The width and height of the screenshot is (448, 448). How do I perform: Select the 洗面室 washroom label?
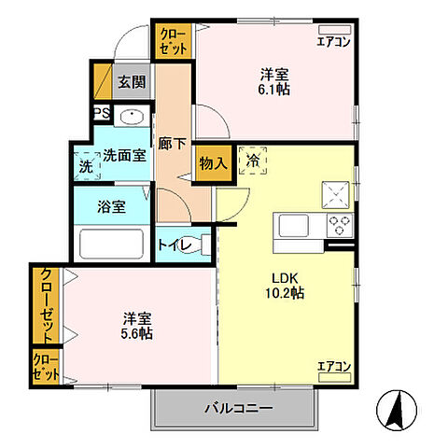point(124,157)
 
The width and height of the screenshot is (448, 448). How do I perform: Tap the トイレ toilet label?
point(175,245)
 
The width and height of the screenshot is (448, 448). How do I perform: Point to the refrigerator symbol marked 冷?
point(253,161)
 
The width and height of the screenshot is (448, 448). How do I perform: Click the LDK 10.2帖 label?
point(287,284)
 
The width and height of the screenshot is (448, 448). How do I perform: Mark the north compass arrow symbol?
point(395,408)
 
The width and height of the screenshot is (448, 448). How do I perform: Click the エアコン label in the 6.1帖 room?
point(332,40)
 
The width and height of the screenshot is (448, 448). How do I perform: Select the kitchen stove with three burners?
point(339,224)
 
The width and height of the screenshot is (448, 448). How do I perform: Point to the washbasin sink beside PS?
point(132,118)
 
